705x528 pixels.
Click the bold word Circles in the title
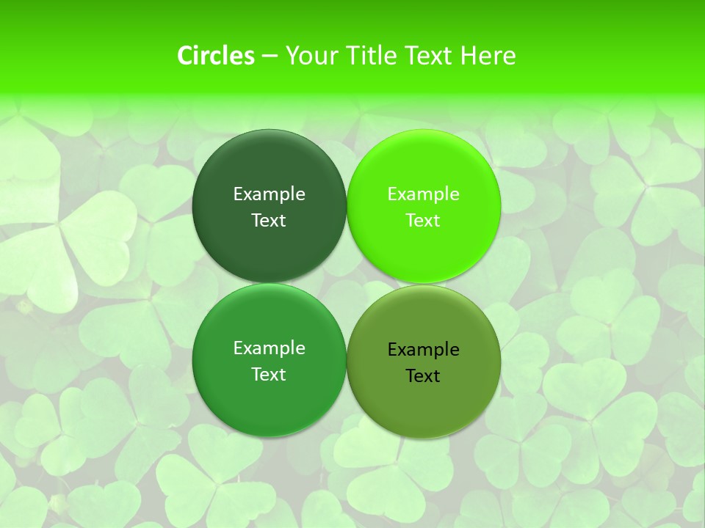[x=216, y=56]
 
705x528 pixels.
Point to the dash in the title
[x=270, y=56]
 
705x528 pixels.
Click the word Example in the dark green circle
[x=269, y=194]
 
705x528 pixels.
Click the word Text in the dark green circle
[x=269, y=221]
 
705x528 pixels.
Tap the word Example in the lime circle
[x=423, y=194]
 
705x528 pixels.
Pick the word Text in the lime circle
[x=423, y=221]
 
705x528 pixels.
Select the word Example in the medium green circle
[x=269, y=348]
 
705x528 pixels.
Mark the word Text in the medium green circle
[x=269, y=375]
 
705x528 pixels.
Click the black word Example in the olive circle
[x=423, y=350]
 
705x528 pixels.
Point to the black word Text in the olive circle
[x=423, y=376]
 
